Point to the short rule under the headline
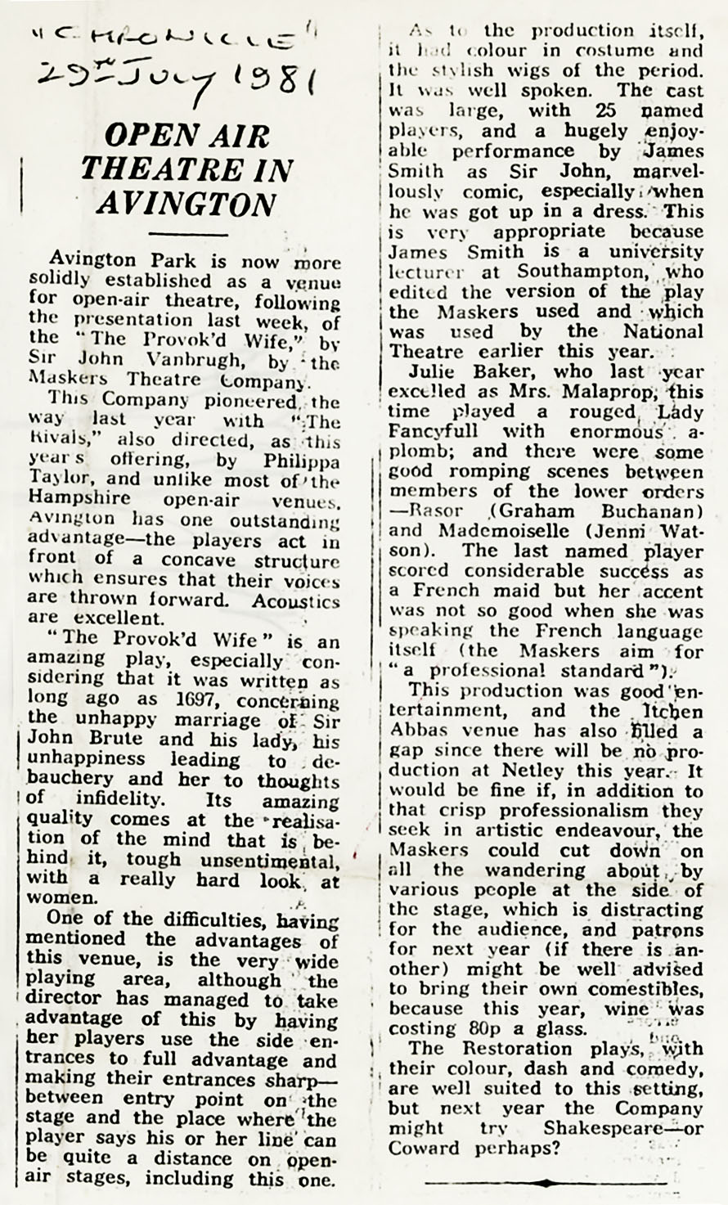point(187,236)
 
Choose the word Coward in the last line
point(425,1148)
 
